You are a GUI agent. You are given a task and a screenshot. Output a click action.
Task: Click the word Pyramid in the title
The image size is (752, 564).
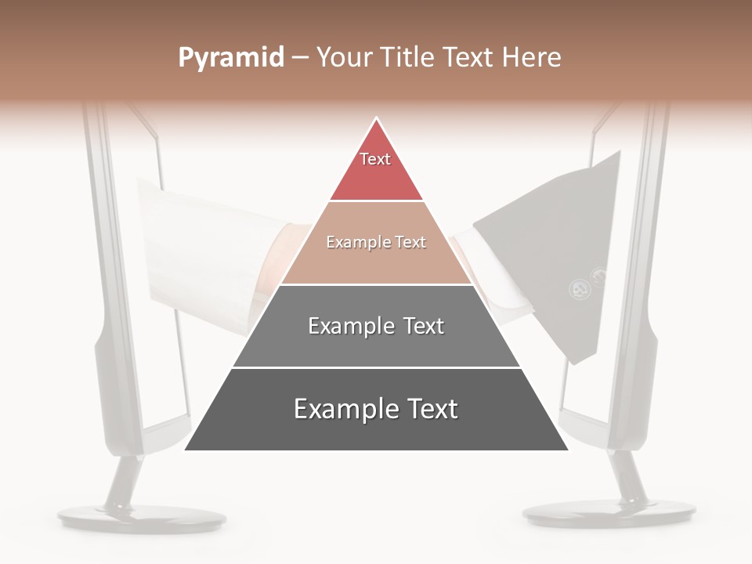tap(230, 58)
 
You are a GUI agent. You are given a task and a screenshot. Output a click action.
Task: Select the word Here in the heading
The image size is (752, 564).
tap(532, 57)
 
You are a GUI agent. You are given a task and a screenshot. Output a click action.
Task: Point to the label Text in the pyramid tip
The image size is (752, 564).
tap(375, 159)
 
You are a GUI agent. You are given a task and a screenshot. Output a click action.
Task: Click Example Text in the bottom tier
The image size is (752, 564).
tap(376, 409)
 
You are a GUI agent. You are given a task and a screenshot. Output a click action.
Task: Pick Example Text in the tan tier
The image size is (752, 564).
tap(376, 242)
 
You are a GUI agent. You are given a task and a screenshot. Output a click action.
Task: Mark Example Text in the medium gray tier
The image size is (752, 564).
tap(376, 326)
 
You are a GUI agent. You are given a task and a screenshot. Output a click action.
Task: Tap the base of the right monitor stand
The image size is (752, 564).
tap(609, 514)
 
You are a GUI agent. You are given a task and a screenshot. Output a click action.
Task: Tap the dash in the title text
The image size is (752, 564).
tap(300, 58)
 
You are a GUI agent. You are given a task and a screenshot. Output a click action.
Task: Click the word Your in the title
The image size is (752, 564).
tap(345, 57)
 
